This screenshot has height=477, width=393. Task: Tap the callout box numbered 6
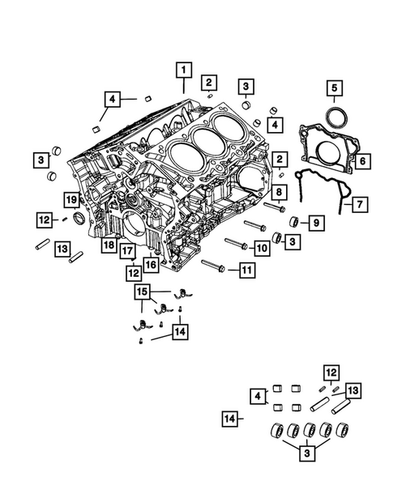click(363, 161)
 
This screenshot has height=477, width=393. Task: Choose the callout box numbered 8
click(278, 191)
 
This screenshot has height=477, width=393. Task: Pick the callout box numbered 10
click(261, 246)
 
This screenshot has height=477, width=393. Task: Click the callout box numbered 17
click(128, 251)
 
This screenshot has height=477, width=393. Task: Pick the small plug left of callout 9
click(295, 223)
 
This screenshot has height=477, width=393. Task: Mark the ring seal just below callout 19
click(79, 219)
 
